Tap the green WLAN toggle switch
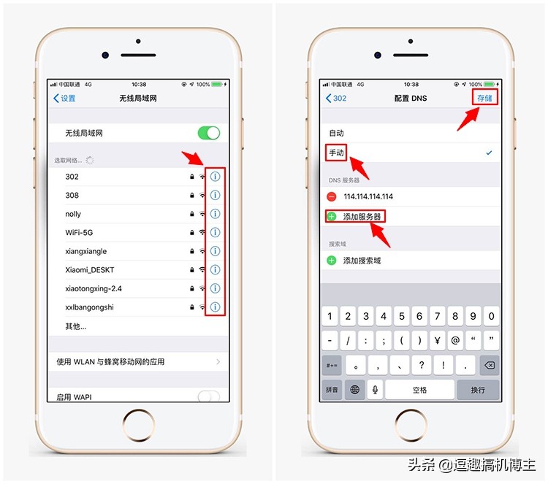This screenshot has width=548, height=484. pos(208,133)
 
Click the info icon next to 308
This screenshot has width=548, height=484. pos(215,195)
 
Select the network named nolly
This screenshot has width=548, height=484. pos(73,214)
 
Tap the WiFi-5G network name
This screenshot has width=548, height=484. pos(80,232)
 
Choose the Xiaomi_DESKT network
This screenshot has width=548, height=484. pos(89,270)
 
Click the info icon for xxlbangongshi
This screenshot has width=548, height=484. pos(215,307)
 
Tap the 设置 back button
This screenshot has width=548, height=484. pos(64,98)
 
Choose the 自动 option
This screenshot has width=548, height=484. pos(336,133)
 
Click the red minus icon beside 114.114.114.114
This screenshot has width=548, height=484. pos(332,196)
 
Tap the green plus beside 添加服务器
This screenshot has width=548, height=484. pos(332,217)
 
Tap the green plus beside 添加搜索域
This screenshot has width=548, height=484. pos(332,260)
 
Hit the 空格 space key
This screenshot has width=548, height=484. pos(419,390)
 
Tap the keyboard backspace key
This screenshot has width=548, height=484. pos(489,365)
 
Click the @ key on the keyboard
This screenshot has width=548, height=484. pos(455,340)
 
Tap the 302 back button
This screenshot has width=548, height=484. pos(336,98)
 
